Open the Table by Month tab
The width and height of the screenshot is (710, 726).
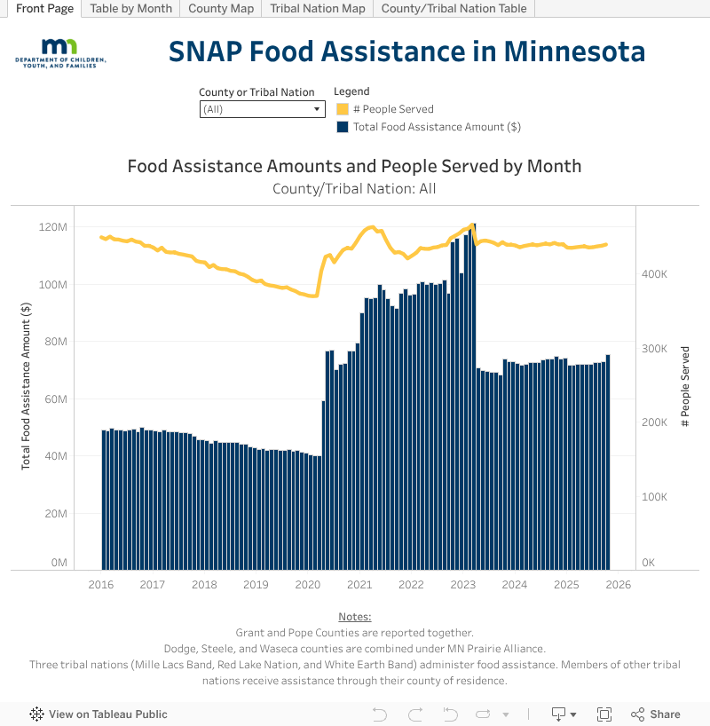[130, 9]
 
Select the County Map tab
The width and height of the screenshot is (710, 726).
[221, 9]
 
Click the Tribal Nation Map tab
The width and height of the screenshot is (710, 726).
[318, 9]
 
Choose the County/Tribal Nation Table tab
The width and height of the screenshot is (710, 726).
[454, 9]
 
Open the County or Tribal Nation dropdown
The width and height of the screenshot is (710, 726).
[262, 109]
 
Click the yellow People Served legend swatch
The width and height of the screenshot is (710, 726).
[342, 109]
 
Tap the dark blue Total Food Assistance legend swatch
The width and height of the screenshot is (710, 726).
[342, 127]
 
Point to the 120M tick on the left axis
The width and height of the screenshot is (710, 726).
[53, 227]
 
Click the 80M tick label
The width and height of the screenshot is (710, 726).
[55, 342]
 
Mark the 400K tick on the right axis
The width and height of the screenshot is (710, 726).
[654, 275]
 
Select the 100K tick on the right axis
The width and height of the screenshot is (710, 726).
[654, 497]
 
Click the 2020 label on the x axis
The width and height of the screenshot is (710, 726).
[307, 585]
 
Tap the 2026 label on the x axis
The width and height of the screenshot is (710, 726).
[618, 585]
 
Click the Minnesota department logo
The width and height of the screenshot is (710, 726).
[60, 53]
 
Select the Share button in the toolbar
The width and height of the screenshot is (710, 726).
[656, 714]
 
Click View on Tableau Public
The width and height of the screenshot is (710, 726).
[99, 714]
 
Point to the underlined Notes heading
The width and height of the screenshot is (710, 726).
[355, 617]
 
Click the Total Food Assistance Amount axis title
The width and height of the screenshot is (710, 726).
[26, 385]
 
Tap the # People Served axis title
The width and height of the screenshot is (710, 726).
[684, 387]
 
